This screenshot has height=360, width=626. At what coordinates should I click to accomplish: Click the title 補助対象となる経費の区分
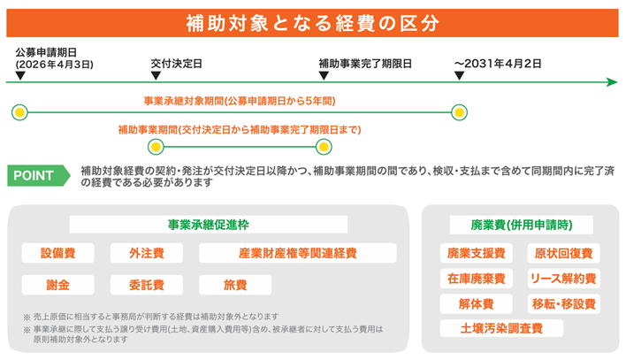pyautogui.click(x=312, y=21)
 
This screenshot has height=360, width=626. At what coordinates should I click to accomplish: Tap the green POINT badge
pyautogui.click(x=36, y=175)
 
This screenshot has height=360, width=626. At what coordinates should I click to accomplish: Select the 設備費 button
pyautogui.click(x=58, y=254)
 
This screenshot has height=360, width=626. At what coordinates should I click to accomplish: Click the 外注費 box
pyautogui.click(x=147, y=254)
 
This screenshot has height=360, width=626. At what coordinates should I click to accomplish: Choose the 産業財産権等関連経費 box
pyautogui.click(x=297, y=254)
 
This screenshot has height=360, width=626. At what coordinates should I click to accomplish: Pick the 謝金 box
pyautogui.click(x=58, y=285)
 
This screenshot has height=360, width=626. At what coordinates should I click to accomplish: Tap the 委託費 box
pyautogui.click(x=147, y=285)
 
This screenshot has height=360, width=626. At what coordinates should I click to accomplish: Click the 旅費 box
pyautogui.click(x=235, y=285)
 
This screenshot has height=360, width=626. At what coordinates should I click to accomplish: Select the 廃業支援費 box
pyautogui.click(x=477, y=254)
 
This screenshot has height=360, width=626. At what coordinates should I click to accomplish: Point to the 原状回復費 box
pyautogui.click(x=563, y=254)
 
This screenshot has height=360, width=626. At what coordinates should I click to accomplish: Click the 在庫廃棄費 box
pyautogui.click(x=477, y=279)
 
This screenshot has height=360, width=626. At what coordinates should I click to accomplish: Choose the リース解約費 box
pyautogui.click(x=563, y=279)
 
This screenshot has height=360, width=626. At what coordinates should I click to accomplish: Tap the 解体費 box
pyautogui.click(x=477, y=303)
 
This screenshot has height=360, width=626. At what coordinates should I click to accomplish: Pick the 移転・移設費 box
pyautogui.click(x=563, y=303)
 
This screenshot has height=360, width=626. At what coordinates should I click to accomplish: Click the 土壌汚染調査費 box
pyautogui.click(x=500, y=328)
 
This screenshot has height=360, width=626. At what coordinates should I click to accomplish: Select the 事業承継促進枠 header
pyautogui.click(x=208, y=224)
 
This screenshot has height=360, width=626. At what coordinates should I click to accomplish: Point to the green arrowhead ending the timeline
pyautogui.click(x=612, y=82)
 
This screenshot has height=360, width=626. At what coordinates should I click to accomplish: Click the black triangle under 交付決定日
pyautogui.click(x=156, y=75)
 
